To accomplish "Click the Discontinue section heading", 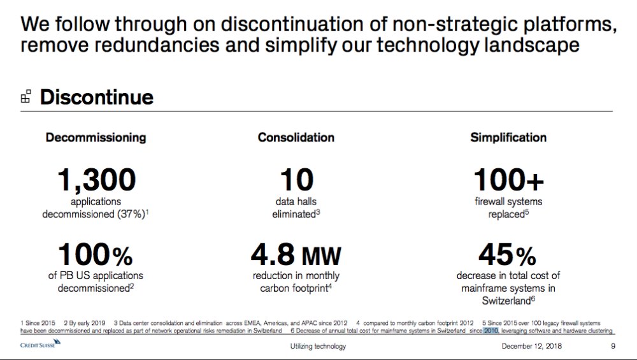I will pos(96,97).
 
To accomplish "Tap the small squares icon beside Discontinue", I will pos(25,97).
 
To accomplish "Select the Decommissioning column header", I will pos(96,137).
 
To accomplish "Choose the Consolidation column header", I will pos(296,137).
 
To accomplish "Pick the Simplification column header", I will pos(508,137).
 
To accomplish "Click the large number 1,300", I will pos(96,180).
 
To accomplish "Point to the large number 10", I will pos(296,180).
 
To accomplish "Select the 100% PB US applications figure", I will pos(96,255).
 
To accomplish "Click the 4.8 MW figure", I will pos(296,255).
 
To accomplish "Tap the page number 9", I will pos(613,347).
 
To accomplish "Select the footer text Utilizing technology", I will pos(317,347).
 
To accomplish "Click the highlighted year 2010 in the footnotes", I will pos(490,331).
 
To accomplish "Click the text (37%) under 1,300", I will pos(129,214).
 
